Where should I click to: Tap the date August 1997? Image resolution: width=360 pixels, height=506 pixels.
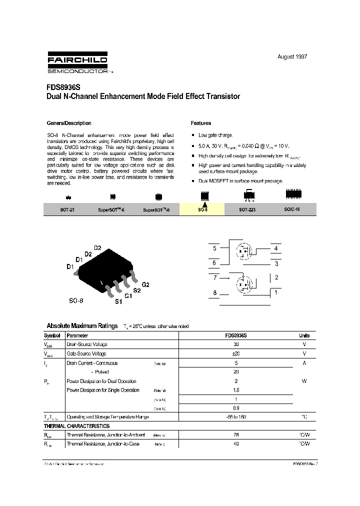click(292, 56)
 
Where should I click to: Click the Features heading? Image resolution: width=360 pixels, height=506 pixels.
click(201, 123)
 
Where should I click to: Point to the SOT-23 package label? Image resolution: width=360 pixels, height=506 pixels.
click(67, 210)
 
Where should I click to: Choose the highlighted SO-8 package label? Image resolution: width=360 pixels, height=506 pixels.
click(202, 210)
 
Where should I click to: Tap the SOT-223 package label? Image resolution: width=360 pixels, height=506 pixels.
click(247, 210)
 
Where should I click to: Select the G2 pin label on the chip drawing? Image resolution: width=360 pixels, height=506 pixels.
click(145, 284)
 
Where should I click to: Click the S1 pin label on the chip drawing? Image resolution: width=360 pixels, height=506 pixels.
click(118, 301)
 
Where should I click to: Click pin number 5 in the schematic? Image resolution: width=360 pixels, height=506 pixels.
click(214, 248)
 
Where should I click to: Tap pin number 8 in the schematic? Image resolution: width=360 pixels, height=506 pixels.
click(214, 293)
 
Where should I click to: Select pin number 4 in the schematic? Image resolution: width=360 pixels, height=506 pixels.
click(275, 248)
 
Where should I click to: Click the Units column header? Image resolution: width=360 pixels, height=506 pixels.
click(304, 335)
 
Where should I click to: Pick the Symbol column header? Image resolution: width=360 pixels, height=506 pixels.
click(52, 335)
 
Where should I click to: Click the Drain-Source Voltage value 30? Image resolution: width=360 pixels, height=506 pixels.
click(235, 344)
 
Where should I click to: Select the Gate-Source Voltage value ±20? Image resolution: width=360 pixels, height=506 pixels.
click(235, 353)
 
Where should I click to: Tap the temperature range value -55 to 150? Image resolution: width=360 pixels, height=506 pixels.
click(235, 416)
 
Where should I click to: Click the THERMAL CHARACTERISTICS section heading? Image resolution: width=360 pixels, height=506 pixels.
click(76, 426)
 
